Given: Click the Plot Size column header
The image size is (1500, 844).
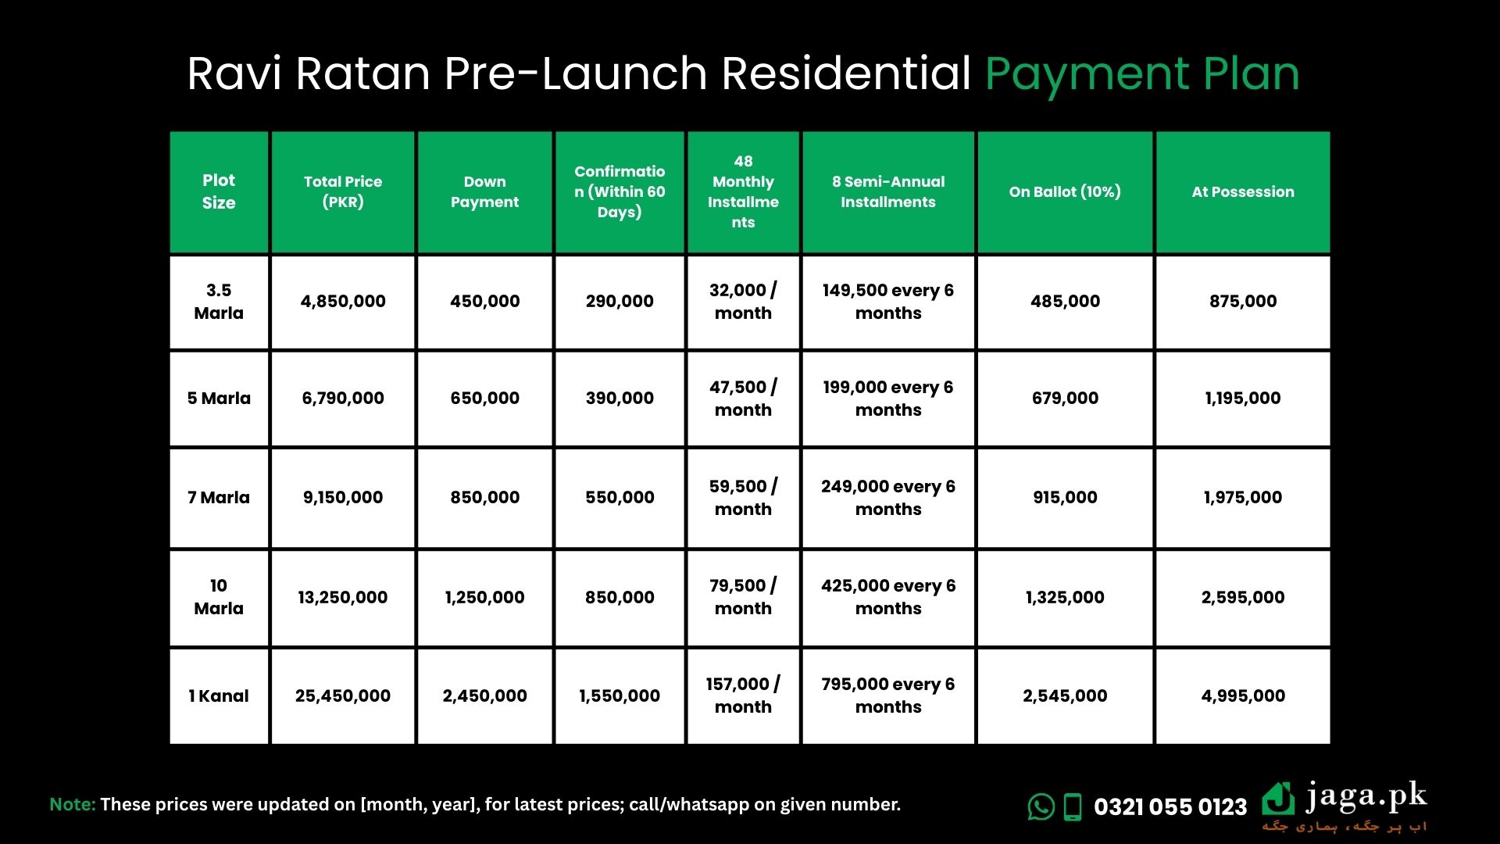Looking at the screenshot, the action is pyautogui.click(x=219, y=191).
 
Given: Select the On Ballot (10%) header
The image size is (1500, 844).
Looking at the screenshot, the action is pyautogui.click(x=1065, y=191).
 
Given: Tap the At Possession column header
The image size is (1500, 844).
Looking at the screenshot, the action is pyautogui.click(x=1243, y=191).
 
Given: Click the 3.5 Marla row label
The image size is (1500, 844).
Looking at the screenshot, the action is pyautogui.click(x=219, y=302).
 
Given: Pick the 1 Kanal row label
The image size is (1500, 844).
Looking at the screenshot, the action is pyautogui.click(x=219, y=696).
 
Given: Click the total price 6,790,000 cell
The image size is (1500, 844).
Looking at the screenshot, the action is pyautogui.click(x=343, y=398).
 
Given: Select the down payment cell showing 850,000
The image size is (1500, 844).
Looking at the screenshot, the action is pyautogui.click(x=484, y=497).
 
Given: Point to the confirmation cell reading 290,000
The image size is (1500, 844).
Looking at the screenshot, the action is pyautogui.click(x=620, y=302).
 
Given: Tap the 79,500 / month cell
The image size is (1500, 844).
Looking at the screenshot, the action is pyautogui.click(x=743, y=597).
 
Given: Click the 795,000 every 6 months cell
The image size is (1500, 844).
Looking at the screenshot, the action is pyautogui.click(x=888, y=696).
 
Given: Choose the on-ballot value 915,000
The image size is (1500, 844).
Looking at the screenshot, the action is pyautogui.click(x=1065, y=497).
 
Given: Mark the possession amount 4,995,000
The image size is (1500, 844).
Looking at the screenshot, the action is pyautogui.click(x=1243, y=696).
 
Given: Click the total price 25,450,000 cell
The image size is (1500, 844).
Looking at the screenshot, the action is pyautogui.click(x=343, y=696).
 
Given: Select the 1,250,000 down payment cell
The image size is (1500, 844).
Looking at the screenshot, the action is pyautogui.click(x=484, y=597).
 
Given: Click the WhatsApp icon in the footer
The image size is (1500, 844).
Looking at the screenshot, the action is pyautogui.click(x=1041, y=806).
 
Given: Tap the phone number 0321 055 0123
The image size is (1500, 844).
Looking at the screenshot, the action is pyautogui.click(x=1170, y=807).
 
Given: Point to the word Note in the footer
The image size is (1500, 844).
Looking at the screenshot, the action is pyautogui.click(x=73, y=804).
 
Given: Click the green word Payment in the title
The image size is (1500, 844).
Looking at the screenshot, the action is pyautogui.click(x=1087, y=75).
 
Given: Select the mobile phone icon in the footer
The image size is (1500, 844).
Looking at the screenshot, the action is pyautogui.click(x=1073, y=807).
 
